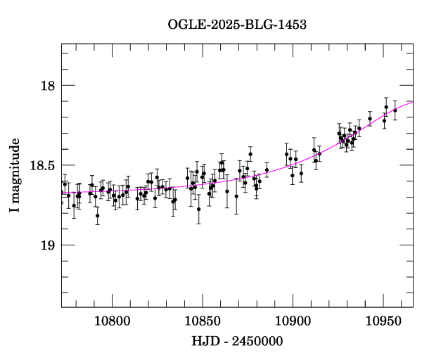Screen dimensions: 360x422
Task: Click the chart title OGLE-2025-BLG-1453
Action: tap(237, 25)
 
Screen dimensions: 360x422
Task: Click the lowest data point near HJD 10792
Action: tap(97, 216)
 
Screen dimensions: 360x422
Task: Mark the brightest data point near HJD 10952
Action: tap(386, 107)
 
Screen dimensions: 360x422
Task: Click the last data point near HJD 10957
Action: tap(395, 110)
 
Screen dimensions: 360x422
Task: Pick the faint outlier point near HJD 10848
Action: tap(199, 209)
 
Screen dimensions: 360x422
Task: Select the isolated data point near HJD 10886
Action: tap(267, 169)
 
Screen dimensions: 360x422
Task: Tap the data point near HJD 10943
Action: tap(370, 119)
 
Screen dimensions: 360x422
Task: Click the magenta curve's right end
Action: tap(412, 102)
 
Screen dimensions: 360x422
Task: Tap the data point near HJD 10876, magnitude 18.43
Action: tap(250, 154)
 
